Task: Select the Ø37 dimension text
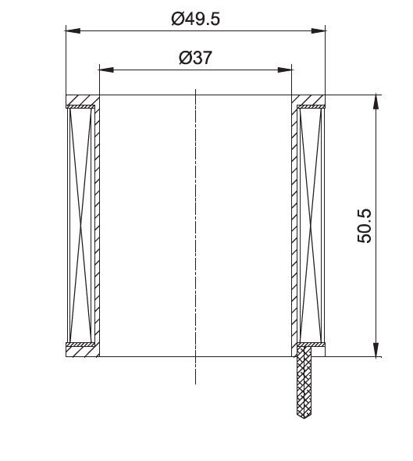(x=195, y=58)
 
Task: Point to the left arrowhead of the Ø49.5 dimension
(x=73, y=31)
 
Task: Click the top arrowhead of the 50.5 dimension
(x=376, y=102)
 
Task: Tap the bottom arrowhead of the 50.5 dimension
(x=376, y=349)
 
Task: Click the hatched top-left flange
(x=81, y=102)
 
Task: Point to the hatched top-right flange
(x=309, y=102)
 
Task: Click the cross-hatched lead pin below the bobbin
(x=304, y=383)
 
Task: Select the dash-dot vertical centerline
(x=195, y=234)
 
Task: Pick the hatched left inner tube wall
(x=98, y=226)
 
